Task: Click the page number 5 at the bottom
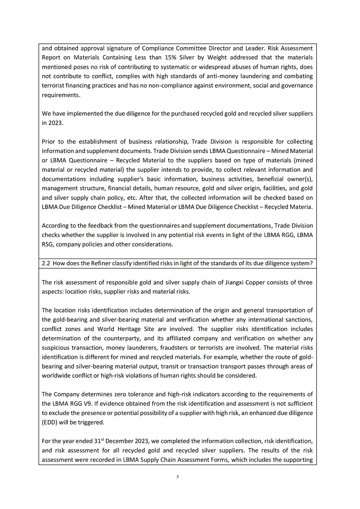(178, 477)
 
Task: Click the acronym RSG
(48, 245)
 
